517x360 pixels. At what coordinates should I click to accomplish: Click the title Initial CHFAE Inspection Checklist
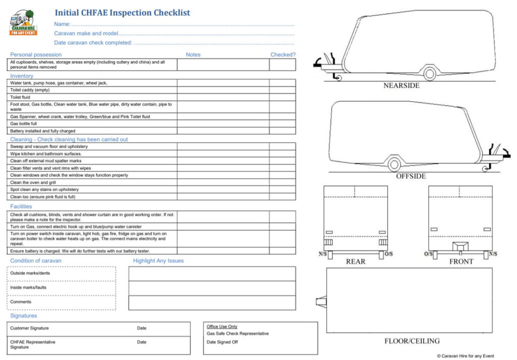coord(122,13)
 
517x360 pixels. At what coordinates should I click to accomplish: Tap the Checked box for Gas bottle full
coord(282,124)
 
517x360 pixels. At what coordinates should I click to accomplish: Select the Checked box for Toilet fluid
coord(282,97)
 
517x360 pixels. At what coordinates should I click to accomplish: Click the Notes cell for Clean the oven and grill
coord(223,183)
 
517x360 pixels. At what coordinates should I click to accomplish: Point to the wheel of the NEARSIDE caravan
coord(430,74)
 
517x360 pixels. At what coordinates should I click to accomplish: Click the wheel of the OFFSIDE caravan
coord(394,164)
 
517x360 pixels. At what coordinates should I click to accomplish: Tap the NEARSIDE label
coord(401,86)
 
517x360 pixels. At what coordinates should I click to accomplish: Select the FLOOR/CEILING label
coord(412,341)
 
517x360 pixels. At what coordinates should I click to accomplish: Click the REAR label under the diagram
coord(355,262)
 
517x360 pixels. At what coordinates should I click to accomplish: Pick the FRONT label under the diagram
coord(461,262)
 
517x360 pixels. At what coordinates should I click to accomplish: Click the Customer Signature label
coord(30,328)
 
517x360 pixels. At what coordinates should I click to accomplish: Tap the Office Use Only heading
coord(222,327)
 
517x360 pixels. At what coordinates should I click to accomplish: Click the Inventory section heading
coord(22,76)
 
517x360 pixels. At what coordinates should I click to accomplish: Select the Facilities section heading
coord(21,207)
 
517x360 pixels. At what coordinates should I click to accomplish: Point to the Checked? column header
coord(283,55)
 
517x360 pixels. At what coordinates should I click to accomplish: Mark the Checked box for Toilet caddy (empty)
coord(282,90)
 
